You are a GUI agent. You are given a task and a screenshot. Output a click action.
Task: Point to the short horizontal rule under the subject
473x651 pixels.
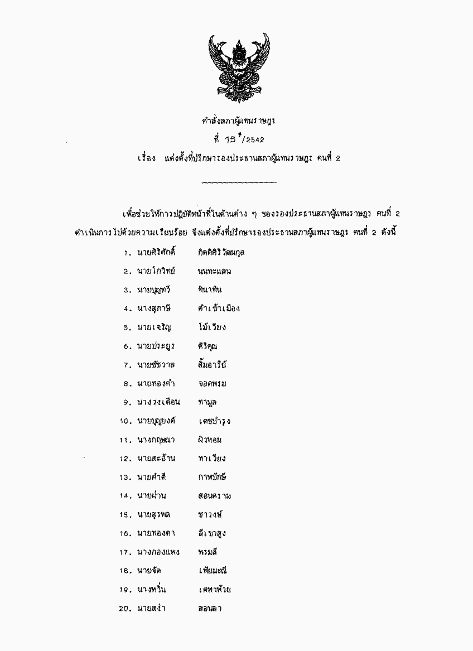coord(238,182)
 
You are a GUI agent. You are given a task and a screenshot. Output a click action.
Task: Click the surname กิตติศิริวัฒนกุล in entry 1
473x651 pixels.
coord(221,252)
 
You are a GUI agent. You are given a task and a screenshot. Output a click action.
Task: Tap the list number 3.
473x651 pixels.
coord(127,290)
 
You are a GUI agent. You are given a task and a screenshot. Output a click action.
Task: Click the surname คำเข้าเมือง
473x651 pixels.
coord(219,308)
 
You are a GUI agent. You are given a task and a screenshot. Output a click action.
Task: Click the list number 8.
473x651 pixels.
coord(127,384)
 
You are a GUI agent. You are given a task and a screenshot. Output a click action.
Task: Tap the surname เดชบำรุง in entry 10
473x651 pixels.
coord(214,422)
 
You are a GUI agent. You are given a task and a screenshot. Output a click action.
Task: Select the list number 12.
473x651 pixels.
coord(124,459)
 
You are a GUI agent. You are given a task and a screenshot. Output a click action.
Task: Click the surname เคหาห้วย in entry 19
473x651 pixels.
coord(215,590)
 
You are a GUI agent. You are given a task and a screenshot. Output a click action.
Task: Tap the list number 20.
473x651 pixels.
coord(124,609)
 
